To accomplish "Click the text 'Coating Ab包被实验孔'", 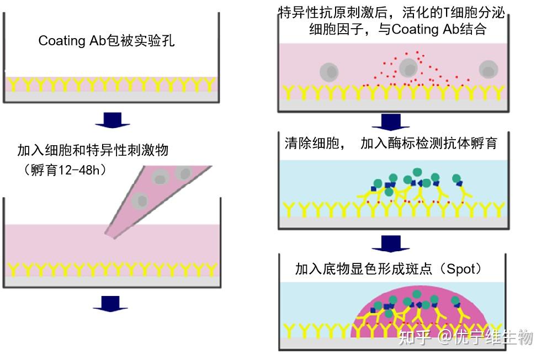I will tap(107, 41).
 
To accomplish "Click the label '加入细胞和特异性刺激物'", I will tap(92, 150).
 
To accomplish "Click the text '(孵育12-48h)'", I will tap(66, 170).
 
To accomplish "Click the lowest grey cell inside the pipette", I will tap(142, 200).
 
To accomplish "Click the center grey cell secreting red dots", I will tap(408, 68).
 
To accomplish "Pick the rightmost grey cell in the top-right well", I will tap(488, 70).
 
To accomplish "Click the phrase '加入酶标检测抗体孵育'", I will tap(428, 144).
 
